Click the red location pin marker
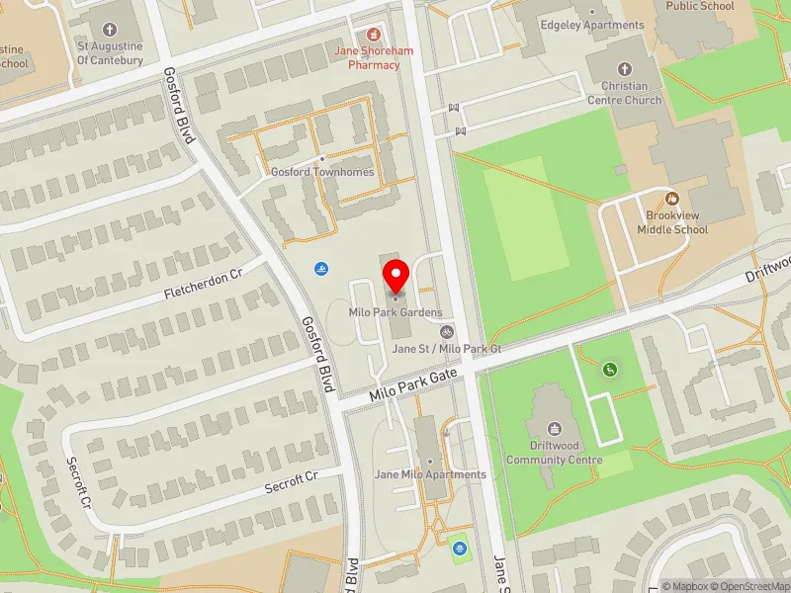point(396,276)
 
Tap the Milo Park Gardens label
point(395,312)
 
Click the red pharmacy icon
point(374,34)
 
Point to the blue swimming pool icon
point(321,270)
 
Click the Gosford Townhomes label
point(322,171)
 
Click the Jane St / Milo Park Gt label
point(447,349)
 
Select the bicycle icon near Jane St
point(447,333)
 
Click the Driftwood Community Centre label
point(554,453)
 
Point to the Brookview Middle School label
point(676,222)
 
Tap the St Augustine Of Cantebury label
point(110,53)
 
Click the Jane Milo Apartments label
point(430,474)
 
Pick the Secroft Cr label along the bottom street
point(291,481)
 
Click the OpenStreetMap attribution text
point(750,586)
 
